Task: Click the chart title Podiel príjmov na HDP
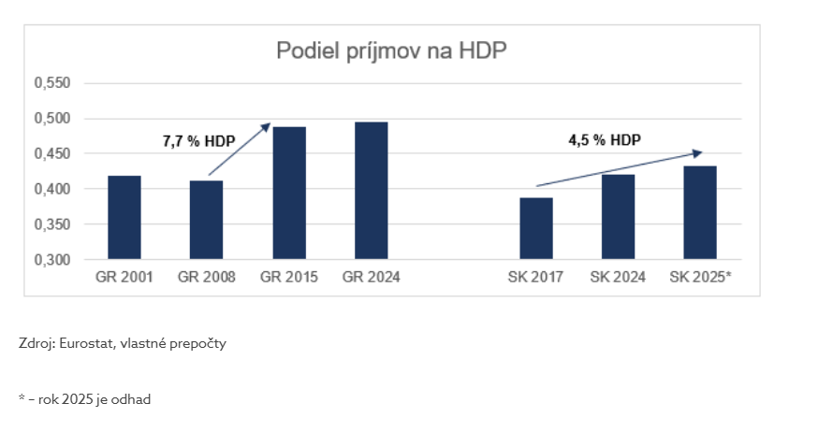point(390,50)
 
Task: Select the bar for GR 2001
point(124,217)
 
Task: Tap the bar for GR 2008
point(206,220)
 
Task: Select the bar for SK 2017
point(536,228)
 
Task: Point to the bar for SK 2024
point(618,217)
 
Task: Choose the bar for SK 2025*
point(700,212)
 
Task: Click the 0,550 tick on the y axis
point(52,83)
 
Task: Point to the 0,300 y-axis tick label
point(52,260)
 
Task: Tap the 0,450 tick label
point(52,153)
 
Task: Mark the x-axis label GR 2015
point(289,278)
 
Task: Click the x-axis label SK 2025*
point(700,278)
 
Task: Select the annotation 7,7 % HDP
point(199,142)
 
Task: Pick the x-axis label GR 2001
point(124,278)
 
